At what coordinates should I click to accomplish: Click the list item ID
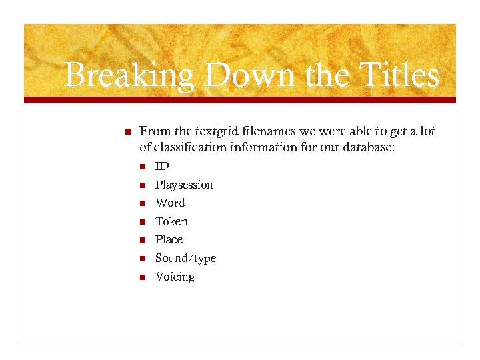[x=162, y=166]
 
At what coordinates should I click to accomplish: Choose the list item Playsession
[x=184, y=185]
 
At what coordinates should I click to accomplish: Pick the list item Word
[x=170, y=203]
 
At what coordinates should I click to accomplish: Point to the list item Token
[x=171, y=221]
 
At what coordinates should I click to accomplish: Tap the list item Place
[x=169, y=239]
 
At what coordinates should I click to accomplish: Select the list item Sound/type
[x=185, y=258]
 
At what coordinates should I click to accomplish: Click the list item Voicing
[x=175, y=277]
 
